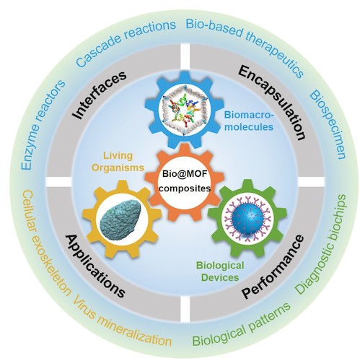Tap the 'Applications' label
pos(96,266)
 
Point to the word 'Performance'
pos(273,266)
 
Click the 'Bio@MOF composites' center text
pos(185,180)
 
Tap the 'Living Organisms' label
pos(118,162)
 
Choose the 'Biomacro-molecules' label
pos(249,121)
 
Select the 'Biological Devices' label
pos(220,271)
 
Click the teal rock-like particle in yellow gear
pos(121,218)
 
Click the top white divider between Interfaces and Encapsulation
pos(185,58)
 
